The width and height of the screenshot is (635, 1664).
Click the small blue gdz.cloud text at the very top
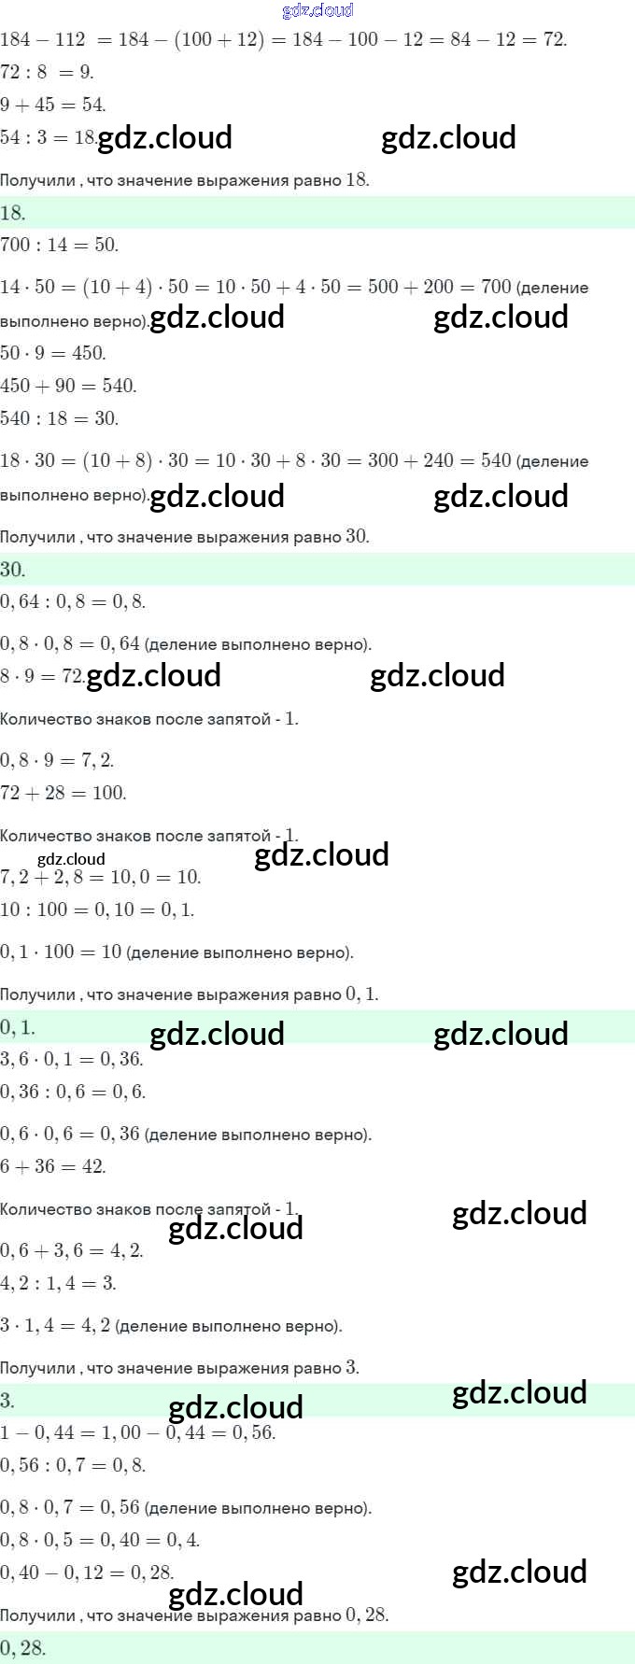click(317, 10)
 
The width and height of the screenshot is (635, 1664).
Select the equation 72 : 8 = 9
click(47, 72)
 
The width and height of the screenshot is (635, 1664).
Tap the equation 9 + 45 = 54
click(53, 105)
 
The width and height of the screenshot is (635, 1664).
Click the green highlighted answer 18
click(13, 213)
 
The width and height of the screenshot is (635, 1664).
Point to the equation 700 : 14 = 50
click(59, 246)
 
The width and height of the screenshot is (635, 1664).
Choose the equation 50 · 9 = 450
click(53, 353)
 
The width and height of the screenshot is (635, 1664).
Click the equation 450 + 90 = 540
click(68, 386)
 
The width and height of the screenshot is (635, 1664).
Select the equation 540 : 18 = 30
click(59, 418)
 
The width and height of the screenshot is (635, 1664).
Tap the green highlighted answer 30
click(13, 570)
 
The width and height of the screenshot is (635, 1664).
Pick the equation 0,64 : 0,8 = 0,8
click(73, 602)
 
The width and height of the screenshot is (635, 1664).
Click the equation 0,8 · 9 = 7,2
click(57, 760)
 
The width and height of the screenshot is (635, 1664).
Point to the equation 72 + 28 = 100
click(63, 793)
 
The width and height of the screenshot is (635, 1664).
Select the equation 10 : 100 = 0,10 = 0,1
click(97, 910)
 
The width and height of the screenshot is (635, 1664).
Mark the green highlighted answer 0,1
click(18, 1027)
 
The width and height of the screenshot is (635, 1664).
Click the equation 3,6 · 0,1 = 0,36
click(71, 1059)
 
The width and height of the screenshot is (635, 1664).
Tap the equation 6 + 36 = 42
click(53, 1166)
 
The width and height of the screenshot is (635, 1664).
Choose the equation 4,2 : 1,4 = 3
click(58, 1283)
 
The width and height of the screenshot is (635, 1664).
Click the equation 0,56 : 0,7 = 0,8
click(73, 1465)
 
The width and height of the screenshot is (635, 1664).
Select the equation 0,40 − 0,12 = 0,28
click(87, 1572)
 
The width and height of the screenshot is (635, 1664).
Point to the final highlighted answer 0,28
click(22, 1648)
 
